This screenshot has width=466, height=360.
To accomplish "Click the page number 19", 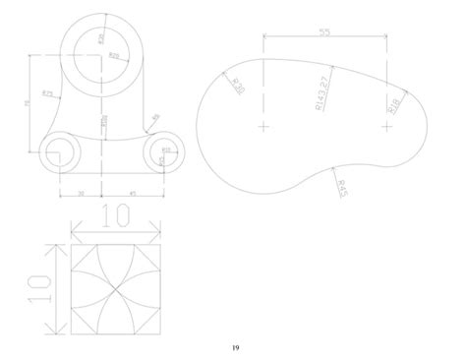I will click(233, 347).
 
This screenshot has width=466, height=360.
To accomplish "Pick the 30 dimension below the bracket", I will click(82, 193).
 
